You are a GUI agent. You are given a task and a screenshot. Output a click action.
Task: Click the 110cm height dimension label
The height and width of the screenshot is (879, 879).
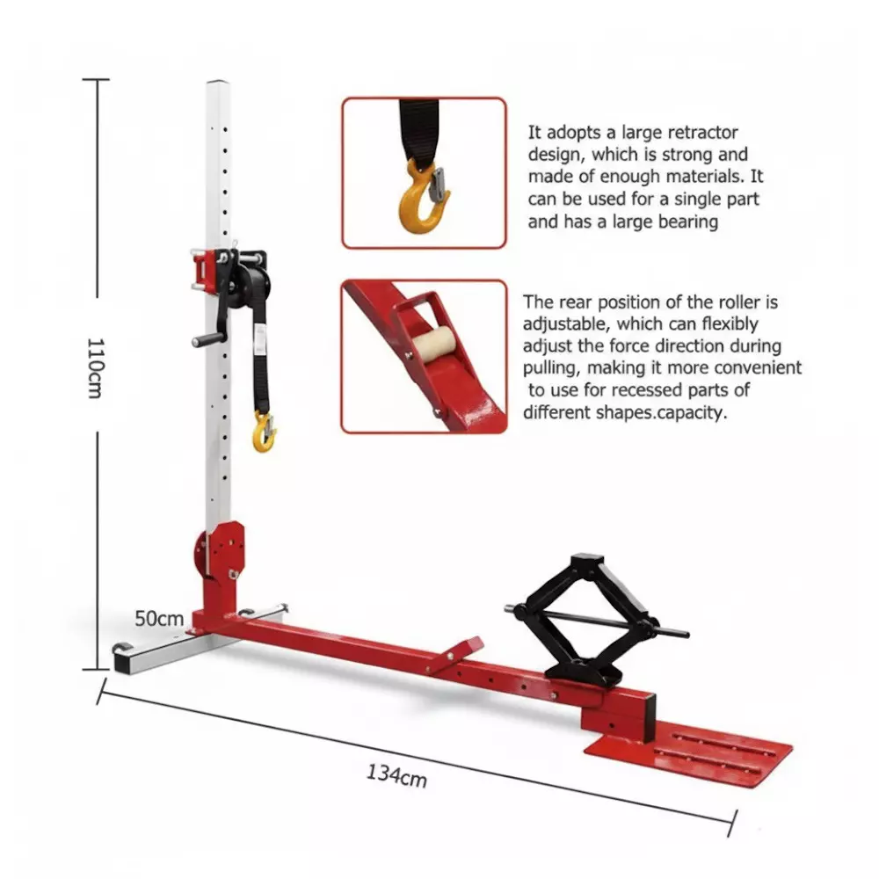[96, 367]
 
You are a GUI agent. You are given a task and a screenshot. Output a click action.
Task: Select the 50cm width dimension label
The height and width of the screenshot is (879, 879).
[159, 618]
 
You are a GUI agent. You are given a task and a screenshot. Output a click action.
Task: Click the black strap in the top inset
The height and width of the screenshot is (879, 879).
[420, 127]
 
